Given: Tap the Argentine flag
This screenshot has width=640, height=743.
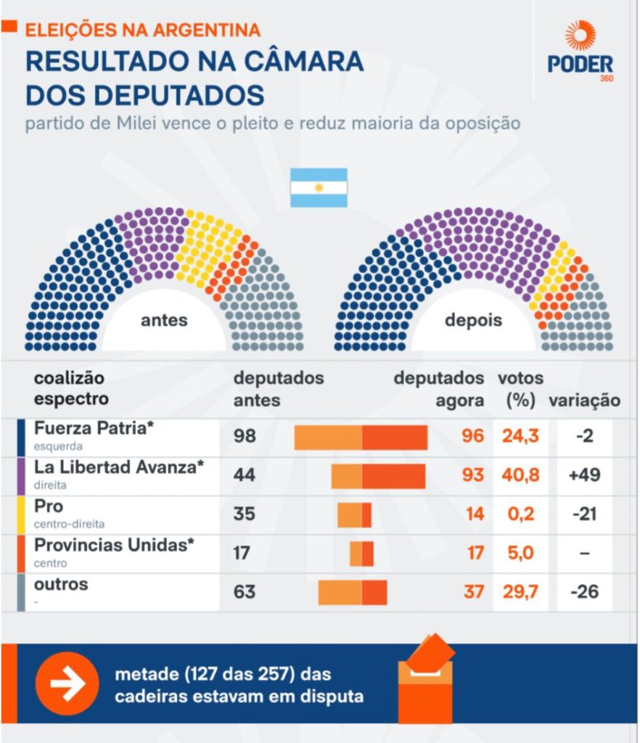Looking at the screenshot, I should [x=319, y=188].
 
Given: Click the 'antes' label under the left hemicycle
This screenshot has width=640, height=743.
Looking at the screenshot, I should [x=164, y=320].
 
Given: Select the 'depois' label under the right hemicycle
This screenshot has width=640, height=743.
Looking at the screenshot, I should [x=473, y=320].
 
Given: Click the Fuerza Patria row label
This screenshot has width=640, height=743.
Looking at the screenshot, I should [x=94, y=428].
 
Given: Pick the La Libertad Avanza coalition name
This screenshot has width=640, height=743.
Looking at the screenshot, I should [x=115, y=467].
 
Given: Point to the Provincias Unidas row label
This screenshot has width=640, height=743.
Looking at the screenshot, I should [x=115, y=545].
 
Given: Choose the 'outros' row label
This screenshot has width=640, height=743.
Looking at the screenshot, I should [x=61, y=584].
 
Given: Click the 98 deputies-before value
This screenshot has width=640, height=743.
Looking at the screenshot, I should [x=245, y=437].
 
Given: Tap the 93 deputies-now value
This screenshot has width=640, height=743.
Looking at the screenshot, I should [x=472, y=476].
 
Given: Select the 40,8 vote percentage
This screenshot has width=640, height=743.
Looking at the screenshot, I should [x=520, y=476].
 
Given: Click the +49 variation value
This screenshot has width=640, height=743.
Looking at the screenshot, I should [x=585, y=476].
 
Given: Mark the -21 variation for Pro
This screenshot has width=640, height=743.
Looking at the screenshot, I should [x=585, y=514].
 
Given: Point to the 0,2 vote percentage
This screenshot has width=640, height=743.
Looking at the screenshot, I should [x=520, y=514].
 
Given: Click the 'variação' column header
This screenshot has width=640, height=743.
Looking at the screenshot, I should [x=584, y=401].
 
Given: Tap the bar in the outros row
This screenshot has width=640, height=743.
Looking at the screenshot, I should [x=353, y=592].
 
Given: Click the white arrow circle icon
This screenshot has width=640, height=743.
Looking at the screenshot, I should [x=67, y=684].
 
